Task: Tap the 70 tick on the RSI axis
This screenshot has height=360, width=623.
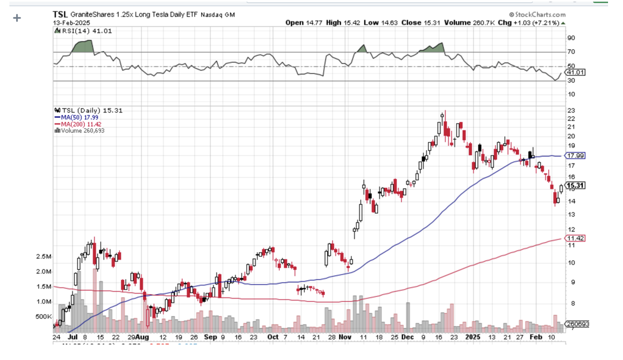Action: click(x=570, y=52)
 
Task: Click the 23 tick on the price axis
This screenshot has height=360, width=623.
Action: click(x=570, y=110)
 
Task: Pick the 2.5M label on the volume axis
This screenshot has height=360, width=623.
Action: click(x=44, y=257)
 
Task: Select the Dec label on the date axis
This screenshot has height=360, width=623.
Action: click(x=407, y=337)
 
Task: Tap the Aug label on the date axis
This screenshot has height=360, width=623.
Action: click(x=142, y=337)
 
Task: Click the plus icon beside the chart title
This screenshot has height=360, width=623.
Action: click(x=17, y=18)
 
